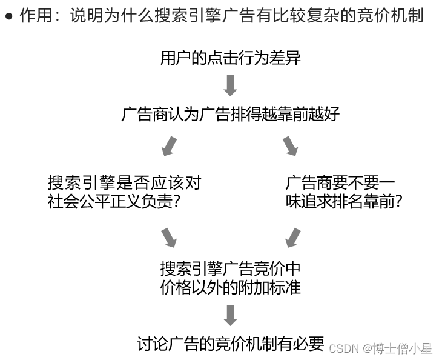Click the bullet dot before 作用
tap(8, 16)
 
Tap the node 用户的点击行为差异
tap(230, 58)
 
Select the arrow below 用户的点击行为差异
tap(230, 85)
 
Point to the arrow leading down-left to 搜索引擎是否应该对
tap(169, 146)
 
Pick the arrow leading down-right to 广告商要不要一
tap(291, 145)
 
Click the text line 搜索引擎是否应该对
tap(124, 182)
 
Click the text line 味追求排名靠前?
tap(344, 202)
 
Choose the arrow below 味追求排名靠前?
tap(292, 237)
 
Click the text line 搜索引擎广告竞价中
tap(230, 268)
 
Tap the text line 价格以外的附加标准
tap(230, 287)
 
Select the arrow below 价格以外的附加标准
tap(230, 315)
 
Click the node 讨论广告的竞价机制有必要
tap(230, 344)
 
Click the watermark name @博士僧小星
tap(398, 348)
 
